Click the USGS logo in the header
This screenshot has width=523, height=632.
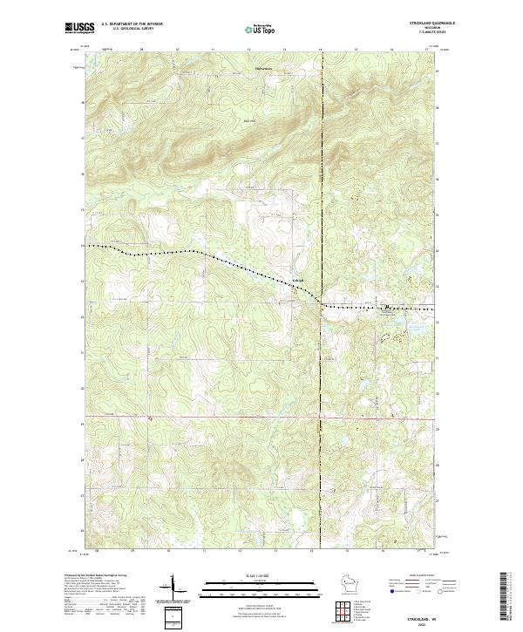coord(79,28)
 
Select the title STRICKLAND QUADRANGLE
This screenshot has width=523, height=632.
coord(436,24)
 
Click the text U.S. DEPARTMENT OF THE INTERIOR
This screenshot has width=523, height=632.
coord(132,24)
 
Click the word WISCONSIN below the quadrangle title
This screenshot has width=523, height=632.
coord(436,28)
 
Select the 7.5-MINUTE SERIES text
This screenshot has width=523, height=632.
coord(436,32)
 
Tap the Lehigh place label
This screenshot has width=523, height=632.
coord(285,280)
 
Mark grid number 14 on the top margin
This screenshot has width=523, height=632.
coord(321,51)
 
